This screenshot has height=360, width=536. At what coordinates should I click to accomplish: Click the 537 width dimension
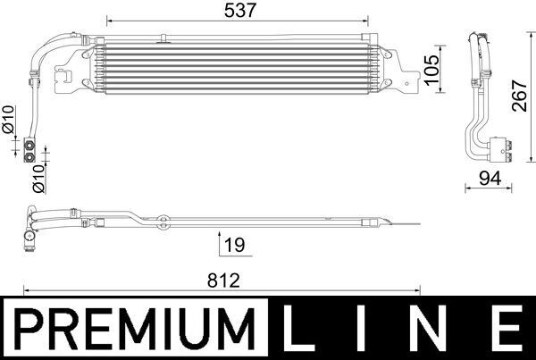(237, 11)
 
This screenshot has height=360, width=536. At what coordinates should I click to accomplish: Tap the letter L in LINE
(302, 331)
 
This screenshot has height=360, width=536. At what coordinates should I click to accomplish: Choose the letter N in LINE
(432, 331)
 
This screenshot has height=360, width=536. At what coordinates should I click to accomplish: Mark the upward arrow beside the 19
(220, 242)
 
